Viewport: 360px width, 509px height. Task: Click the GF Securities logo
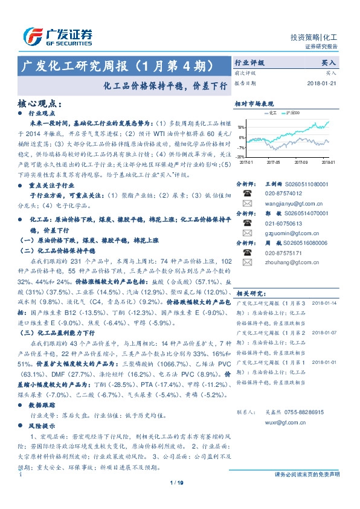57,37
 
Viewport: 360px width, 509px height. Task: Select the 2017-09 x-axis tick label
301,162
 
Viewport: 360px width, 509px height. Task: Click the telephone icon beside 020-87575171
246,253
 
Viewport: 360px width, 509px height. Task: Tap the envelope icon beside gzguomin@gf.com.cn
246,233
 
